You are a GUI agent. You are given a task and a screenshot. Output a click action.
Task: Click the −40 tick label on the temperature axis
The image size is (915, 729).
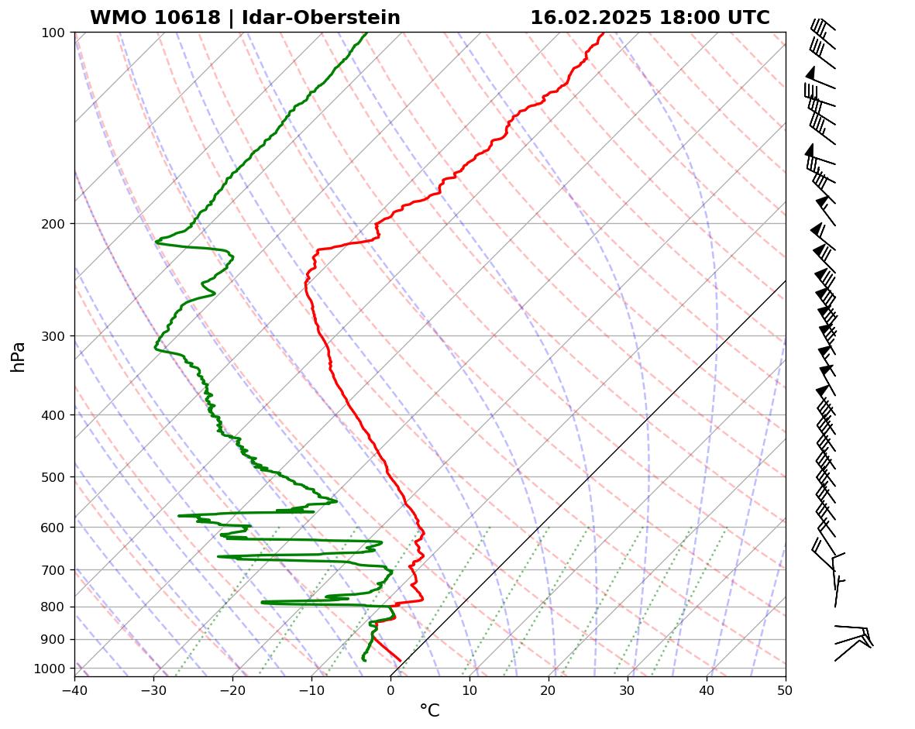click(x=74, y=688)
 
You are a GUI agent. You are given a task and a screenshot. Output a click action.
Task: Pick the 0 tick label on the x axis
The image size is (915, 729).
click(x=390, y=688)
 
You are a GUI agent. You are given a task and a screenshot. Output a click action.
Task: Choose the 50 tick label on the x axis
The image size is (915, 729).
click(x=786, y=688)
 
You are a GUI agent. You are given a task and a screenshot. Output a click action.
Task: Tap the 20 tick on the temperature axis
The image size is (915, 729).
click(x=549, y=688)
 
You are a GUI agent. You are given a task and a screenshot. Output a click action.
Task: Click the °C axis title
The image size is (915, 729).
click(x=429, y=710)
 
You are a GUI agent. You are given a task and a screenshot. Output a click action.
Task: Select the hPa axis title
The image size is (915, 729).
click(x=19, y=356)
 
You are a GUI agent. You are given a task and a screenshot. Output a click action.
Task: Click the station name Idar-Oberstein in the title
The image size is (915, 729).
click(x=321, y=18)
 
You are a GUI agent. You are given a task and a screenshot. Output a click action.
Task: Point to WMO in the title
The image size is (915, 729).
click(x=113, y=18)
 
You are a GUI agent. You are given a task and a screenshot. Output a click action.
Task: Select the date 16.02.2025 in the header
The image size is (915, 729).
click(x=590, y=18)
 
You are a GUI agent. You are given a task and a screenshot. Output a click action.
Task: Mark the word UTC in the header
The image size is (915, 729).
click(x=748, y=18)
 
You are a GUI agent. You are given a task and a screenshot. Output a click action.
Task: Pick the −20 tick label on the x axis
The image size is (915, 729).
click(x=232, y=688)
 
